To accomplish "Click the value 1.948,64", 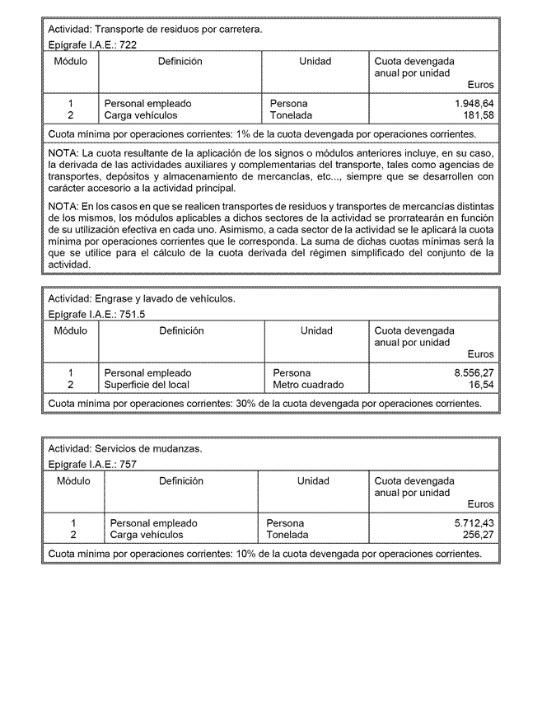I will click(x=474, y=104).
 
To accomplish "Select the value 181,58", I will click(x=479, y=115).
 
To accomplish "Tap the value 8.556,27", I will click(x=474, y=373).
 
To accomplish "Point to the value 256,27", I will click(x=479, y=535).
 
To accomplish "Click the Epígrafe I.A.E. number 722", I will click(x=128, y=45).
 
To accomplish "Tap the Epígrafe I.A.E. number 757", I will click(x=128, y=464).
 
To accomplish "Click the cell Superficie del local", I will click(x=147, y=385).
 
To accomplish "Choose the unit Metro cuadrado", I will click(x=308, y=385).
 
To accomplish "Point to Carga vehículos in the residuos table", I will click(x=141, y=115).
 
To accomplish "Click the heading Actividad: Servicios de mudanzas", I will click(x=124, y=449).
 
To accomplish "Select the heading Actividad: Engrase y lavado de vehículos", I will click(x=142, y=298).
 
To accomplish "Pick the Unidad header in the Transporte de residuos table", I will click(x=315, y=61).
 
